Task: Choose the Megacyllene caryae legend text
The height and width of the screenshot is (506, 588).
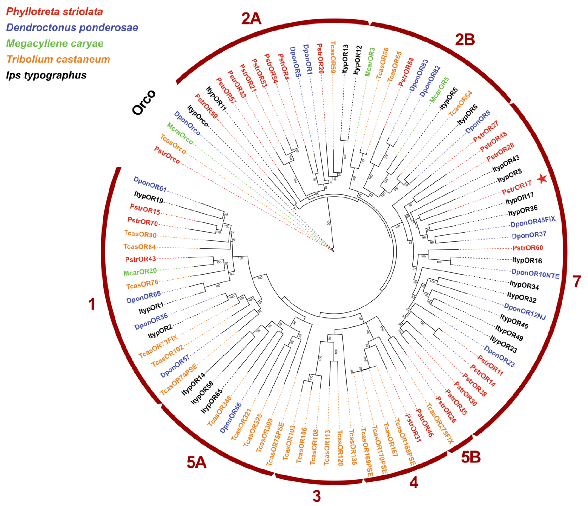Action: [55, 43]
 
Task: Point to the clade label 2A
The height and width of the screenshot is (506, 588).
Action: [251, 19]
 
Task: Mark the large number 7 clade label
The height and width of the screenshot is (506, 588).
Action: [577, 282]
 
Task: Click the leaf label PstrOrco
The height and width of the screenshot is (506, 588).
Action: [167, 155]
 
